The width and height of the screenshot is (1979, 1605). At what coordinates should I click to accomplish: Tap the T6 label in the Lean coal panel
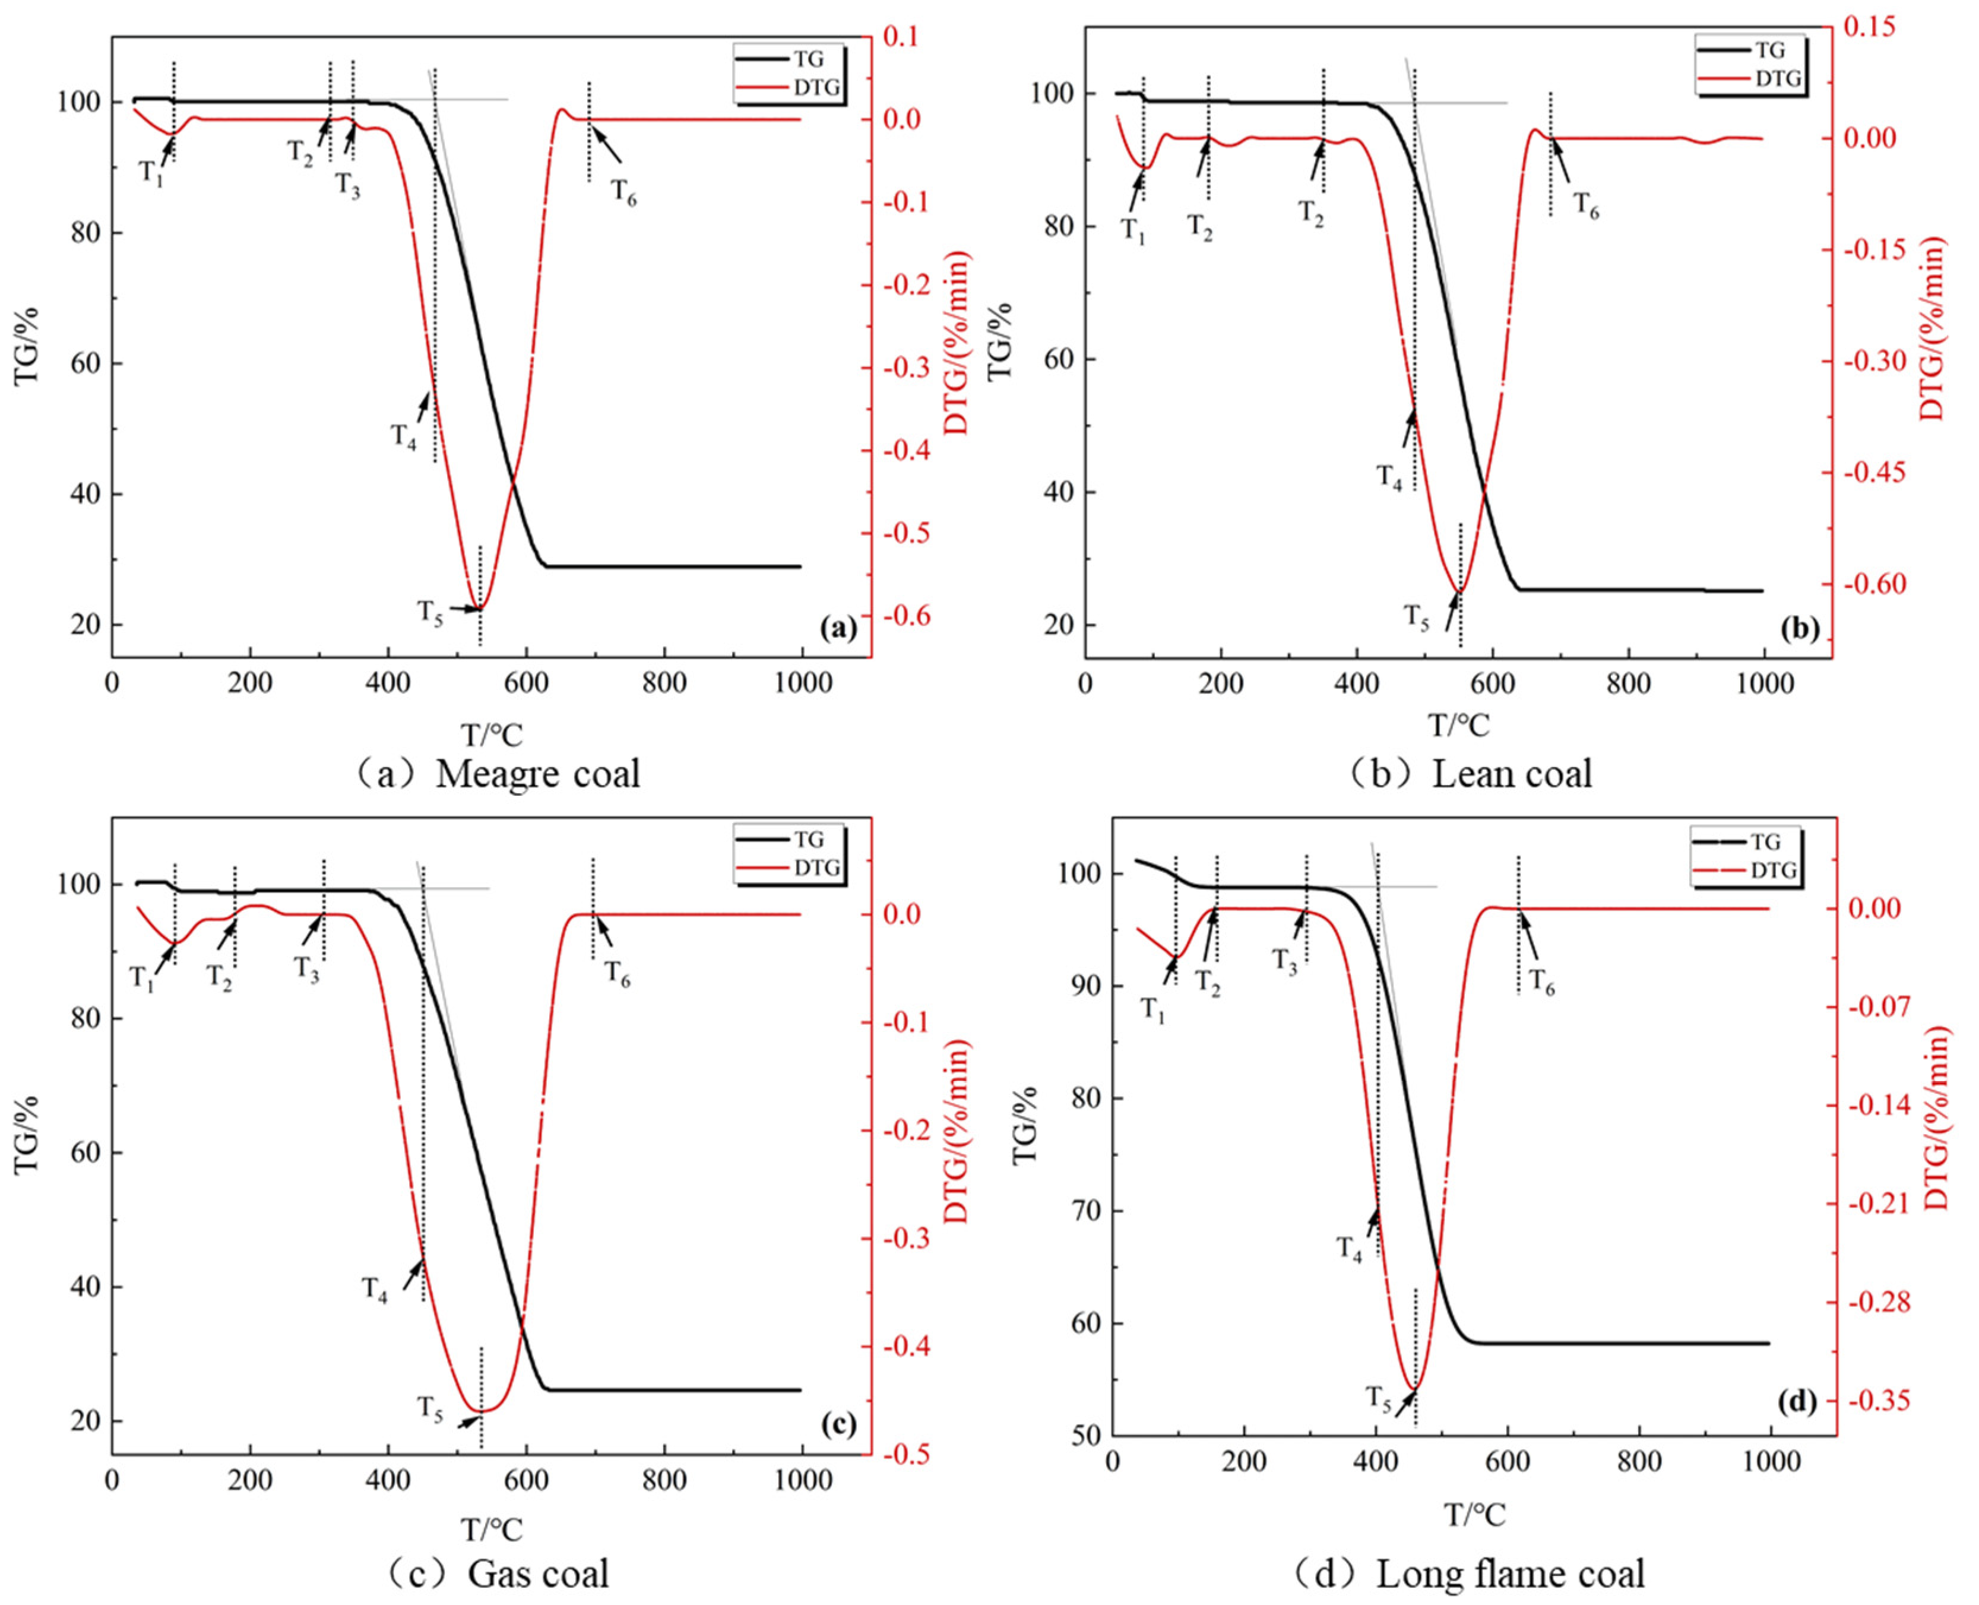pos(1586,205)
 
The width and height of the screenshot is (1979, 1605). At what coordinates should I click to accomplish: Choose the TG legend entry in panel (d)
pos(1765,841)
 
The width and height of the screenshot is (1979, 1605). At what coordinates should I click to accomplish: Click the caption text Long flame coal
pos(1509,1573)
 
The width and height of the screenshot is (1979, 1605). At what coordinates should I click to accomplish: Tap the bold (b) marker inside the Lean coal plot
pos(1798,629)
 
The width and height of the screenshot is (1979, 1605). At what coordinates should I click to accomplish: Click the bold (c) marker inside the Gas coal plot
pos(837,1424)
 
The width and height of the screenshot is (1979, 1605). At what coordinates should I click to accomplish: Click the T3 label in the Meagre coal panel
pos(347,185)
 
